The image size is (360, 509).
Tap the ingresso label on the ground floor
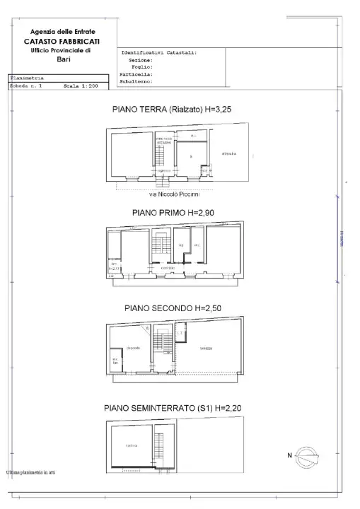[163, 170]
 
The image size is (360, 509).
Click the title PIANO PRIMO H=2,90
[179, 212]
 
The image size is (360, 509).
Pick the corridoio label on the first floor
[168, 268]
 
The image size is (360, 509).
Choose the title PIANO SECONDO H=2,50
[178, 308]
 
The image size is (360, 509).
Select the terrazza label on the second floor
[206, 349]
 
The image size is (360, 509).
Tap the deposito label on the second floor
[133, 348]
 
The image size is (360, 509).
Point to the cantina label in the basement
[131, 445]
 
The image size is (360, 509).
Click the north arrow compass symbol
[308, 456]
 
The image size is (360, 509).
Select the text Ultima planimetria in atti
[30, 472]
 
